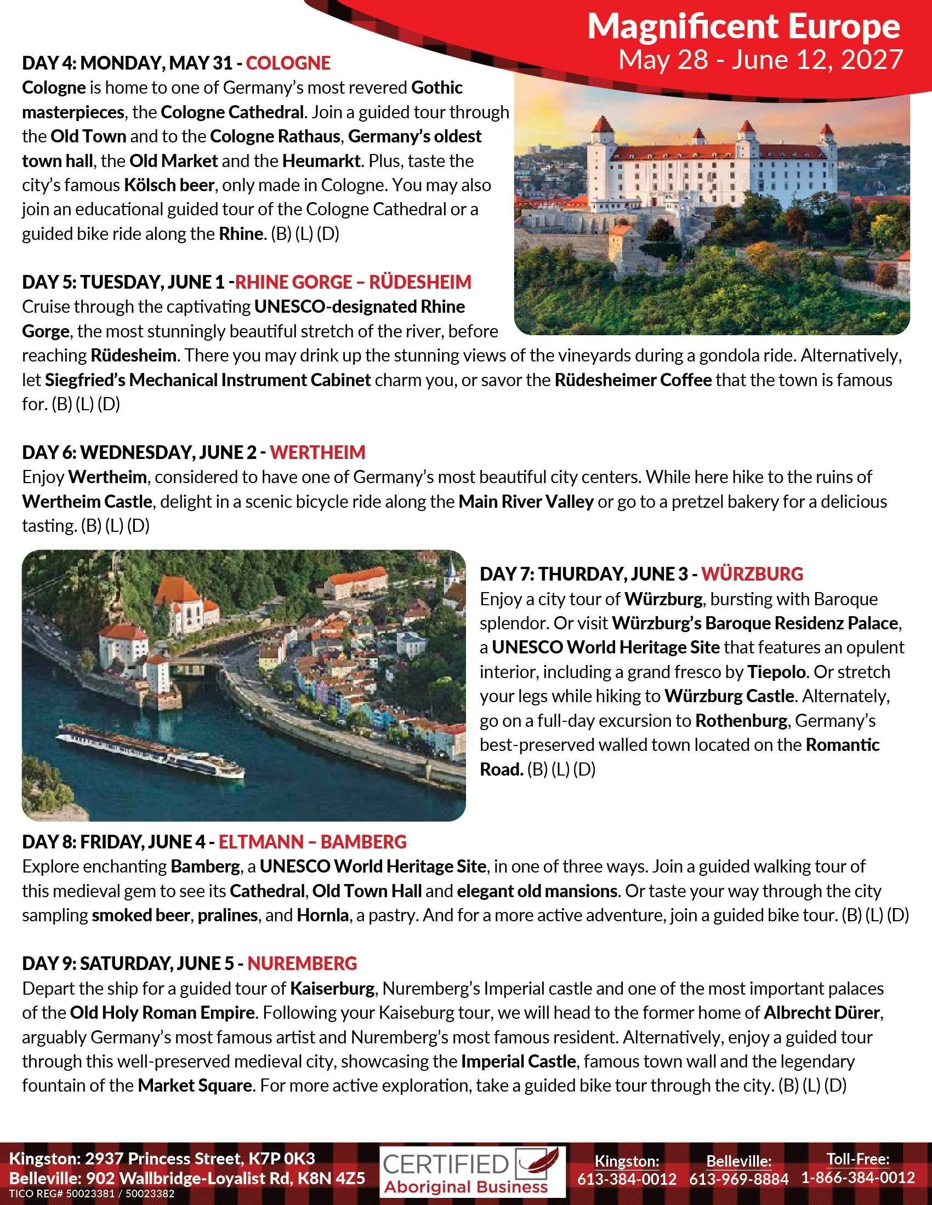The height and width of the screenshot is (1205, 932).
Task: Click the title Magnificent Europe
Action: coord(743,26)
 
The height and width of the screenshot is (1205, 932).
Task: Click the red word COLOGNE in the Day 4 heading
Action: coord(288,64)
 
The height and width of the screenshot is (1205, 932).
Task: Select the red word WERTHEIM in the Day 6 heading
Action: coord(317,452)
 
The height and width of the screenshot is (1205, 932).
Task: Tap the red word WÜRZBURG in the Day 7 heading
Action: coord(752,574)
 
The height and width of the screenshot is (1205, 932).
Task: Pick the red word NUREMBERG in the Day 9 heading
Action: coord(302,963)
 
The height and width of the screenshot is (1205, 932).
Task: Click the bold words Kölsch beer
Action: coord(169,185)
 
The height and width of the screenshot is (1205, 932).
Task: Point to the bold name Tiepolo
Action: coord(776,672)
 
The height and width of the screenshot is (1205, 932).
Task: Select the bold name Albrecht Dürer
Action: coord(822,1012)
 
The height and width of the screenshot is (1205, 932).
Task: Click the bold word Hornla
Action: coord(322,915)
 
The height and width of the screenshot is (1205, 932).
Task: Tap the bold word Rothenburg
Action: coord(741,721)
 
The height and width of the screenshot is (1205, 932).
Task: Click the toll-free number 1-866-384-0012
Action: coord(858,1178)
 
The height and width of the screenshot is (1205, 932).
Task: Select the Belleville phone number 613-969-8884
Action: coord(739,1179)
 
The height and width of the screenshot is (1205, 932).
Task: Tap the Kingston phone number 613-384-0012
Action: coord(627,1179)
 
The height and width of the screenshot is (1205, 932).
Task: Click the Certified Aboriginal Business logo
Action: coord(472,1172)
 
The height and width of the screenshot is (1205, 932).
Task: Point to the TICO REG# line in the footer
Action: coord(92,1194)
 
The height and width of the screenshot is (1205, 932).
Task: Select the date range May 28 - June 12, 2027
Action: coord(760,60)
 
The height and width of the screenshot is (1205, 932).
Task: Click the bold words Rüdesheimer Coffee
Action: coord(633,380)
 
